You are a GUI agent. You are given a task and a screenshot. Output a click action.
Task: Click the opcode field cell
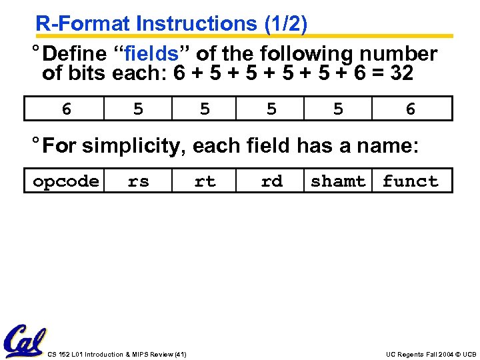click(x=65, y=181)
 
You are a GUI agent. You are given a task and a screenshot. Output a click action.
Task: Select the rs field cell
click(x=138, y=181)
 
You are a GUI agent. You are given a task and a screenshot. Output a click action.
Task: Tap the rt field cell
click(x=205, y=181)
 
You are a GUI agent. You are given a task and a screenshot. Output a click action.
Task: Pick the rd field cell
click(x=271, y=181)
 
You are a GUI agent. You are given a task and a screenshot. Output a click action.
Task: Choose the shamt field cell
click(x=338, y=181)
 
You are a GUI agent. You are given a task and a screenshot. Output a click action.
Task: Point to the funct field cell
click(x=411, y=181)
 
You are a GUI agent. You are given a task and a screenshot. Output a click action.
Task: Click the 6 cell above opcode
click(x=65, y=109)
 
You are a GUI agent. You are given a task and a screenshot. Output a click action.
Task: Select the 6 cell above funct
click(x=411, y=109)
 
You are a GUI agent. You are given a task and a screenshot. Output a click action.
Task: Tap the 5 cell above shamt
click(x=338, y=109)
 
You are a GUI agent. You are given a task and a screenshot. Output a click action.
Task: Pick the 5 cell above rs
click(x=138, y=109)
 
